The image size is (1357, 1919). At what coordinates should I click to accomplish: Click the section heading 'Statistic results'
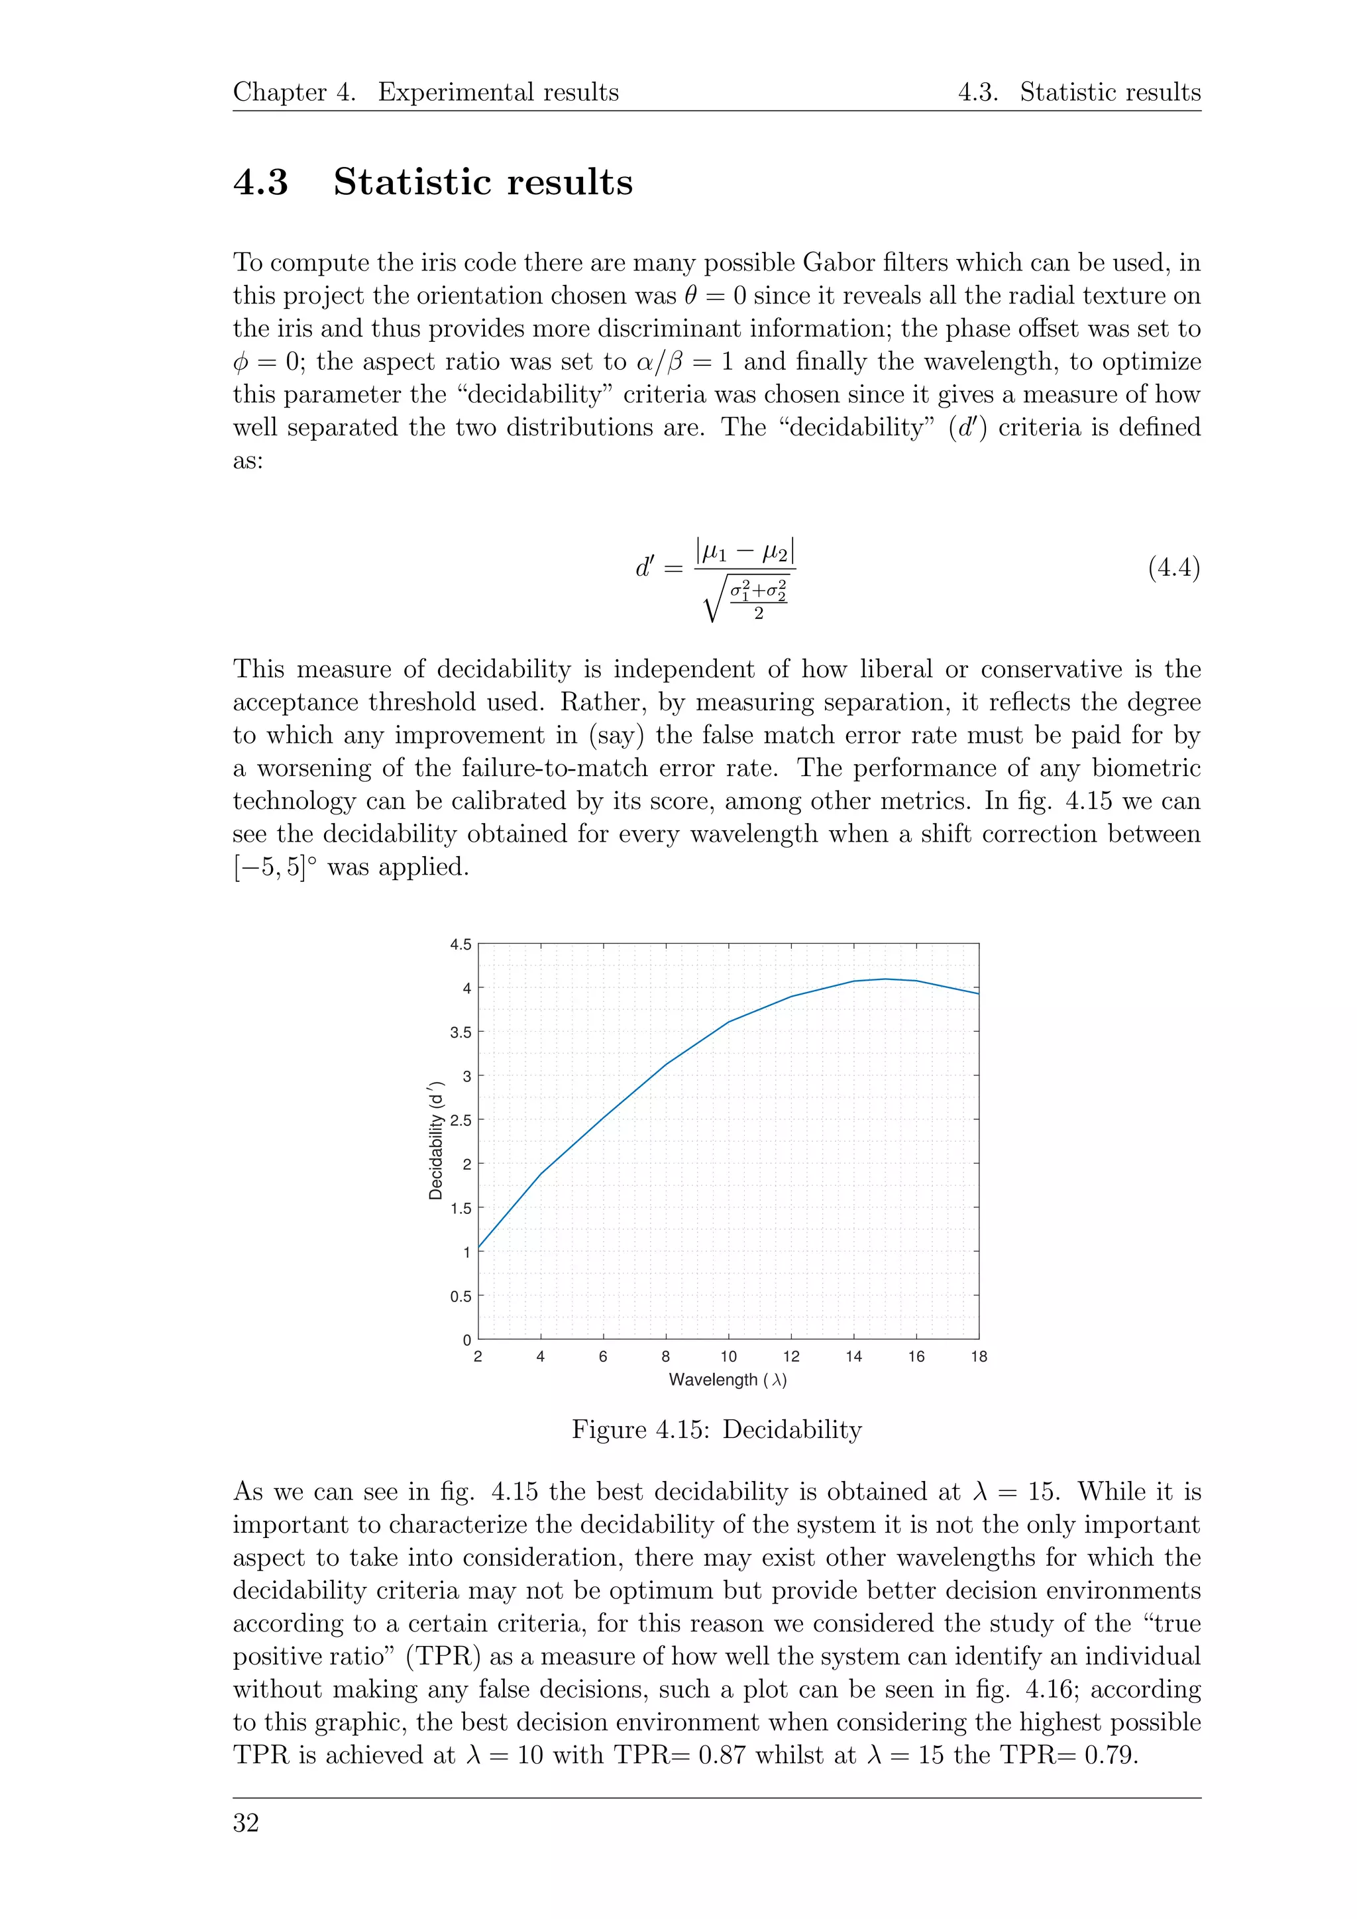[x=482, y=182]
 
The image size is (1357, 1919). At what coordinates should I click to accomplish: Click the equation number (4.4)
[x=1173, y=569]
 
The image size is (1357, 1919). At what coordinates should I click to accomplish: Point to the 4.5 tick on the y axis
[x=461, y=944]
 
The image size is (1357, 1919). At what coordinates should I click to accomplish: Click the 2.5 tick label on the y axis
[x=461, y=1120]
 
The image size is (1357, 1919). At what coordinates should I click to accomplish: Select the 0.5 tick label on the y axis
[x=461, y=1296]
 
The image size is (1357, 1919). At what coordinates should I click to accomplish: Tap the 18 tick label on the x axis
[x=979, y=1356]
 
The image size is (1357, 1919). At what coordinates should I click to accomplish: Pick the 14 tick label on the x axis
[x=853, y=1356]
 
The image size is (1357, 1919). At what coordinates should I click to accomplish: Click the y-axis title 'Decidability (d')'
[x=435, y=1142]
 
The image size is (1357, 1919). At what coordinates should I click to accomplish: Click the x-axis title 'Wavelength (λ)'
[x=728, y=1380]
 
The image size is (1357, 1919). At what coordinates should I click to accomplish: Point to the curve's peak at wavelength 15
[x=885, y=979]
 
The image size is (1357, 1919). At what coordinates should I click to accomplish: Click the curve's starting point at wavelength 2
[x=479, y=1248]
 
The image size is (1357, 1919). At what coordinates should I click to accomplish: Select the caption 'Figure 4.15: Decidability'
[x=716, y=1430]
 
